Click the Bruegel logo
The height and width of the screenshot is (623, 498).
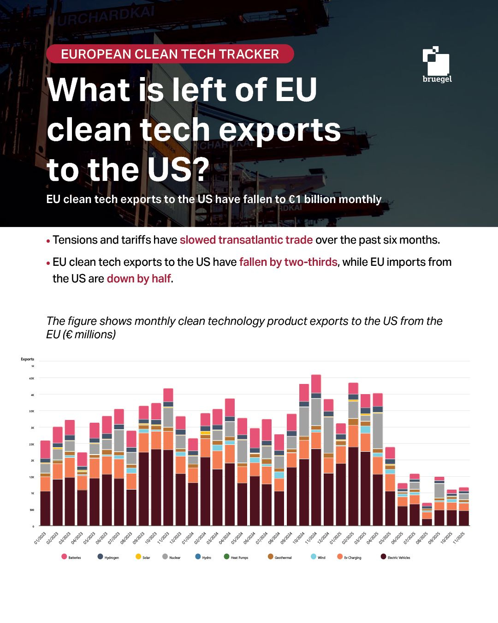pyautogui.click(x=436, y=65)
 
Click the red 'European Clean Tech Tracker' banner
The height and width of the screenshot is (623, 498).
pyautogui.click(x=170, y=54)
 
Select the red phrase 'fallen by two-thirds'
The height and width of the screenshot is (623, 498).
pyautogui.click(x=288, y=262)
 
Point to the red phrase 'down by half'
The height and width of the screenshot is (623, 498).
pyautogui.click(x=139, y=279)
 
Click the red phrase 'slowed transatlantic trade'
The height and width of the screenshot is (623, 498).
pyautogui.click(x=246, y=240)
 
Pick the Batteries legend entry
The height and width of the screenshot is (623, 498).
pyautogui.click(x=71, y=557)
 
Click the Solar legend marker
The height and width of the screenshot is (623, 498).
pyautogui.click(x=138, y=557)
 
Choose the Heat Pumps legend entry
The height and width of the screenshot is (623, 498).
pyautogui.click(x=236, y=557)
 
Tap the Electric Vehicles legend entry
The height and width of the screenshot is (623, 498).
pyautogui.click(x=395, y=557)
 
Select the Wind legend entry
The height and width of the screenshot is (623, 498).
pyautogui.click(x=318, y=557)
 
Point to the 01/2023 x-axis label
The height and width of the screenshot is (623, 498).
pyautogui.click(x=40, y=538)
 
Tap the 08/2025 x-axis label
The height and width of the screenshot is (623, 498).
pyautogui.click(x=422, y=538)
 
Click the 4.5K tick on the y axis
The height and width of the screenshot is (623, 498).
pyautogui.click(x=31, y=378)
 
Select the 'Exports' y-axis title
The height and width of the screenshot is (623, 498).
pyautogui.click(x=27, y=359)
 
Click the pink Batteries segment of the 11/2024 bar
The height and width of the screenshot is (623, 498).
pyautogui.click(x=316, y=383)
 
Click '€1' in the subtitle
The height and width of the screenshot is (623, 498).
pyautogui.click(x=294, y=199)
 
